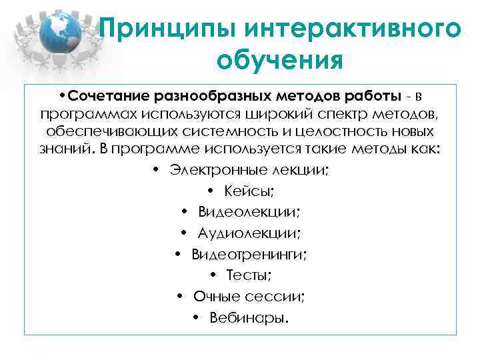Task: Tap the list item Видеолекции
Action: point(248,212)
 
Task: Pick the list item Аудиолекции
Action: point(249,233)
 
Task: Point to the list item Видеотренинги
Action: point(249,254)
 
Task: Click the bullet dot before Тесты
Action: point(212,275)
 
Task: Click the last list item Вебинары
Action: point(249,317)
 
